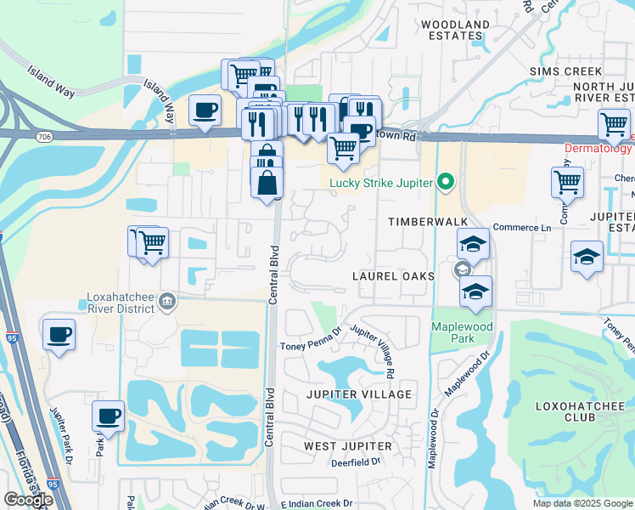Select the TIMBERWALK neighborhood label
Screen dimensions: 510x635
click(417, 221)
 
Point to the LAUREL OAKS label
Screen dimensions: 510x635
click(394, 277)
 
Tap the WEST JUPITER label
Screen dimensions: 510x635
click(348, 446)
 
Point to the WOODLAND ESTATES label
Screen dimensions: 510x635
click(455, 31)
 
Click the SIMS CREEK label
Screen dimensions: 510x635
click(565, 72)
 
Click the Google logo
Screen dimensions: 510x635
click(29, 500)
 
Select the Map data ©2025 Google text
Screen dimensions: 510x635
click(582, 503)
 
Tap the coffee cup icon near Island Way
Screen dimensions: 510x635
click(205, 110)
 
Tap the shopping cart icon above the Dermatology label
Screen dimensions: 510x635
click(614, 124)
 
